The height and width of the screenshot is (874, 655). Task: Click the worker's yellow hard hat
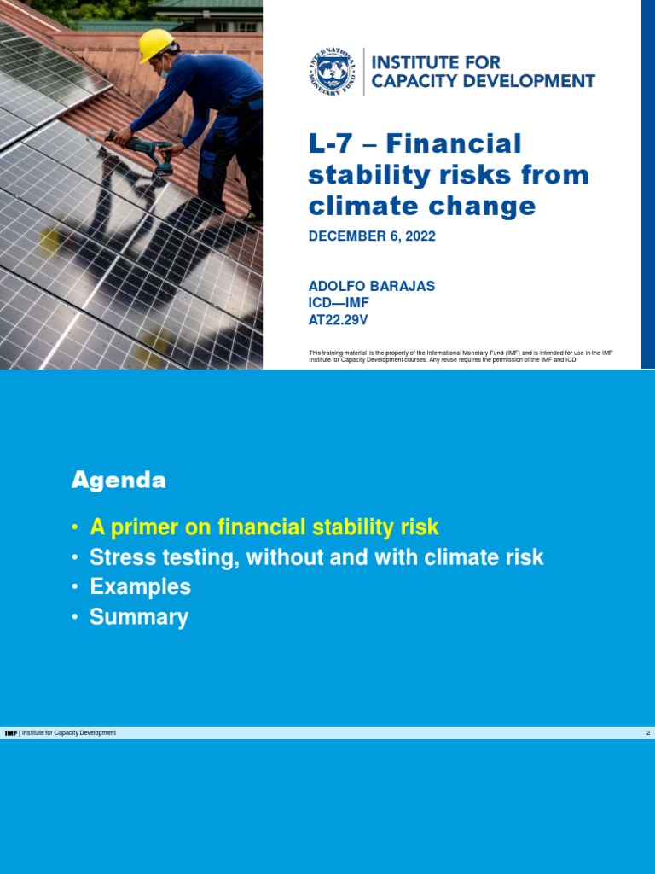point(155,44)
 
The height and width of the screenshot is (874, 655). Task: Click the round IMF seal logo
point(333,72)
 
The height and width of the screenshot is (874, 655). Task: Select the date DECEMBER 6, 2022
point(372,236)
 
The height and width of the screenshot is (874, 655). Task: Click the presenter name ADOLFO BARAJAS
point(372,287)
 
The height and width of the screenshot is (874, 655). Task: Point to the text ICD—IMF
point(339,303)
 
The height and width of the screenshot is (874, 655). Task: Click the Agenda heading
point(119,481)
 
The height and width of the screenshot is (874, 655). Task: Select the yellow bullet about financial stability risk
point(264,527)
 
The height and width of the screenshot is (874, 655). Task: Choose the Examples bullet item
point(140,587)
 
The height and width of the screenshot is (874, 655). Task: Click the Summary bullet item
point(139,617)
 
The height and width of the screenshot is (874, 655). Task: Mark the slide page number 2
point(648,733)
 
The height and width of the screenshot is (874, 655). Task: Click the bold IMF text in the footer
point(11,733)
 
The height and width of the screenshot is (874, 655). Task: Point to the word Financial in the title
point(467,143)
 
